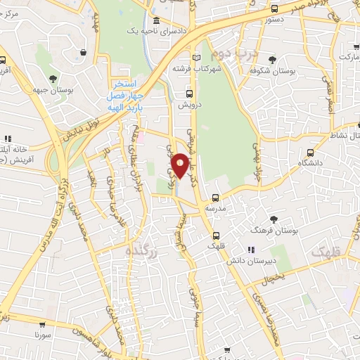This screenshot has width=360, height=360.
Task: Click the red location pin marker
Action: pos(181,165)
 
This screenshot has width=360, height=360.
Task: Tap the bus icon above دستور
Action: pos(274,10)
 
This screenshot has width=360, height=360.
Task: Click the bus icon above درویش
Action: pos(188,93)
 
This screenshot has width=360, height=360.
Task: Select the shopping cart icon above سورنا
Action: pos(43,325)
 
